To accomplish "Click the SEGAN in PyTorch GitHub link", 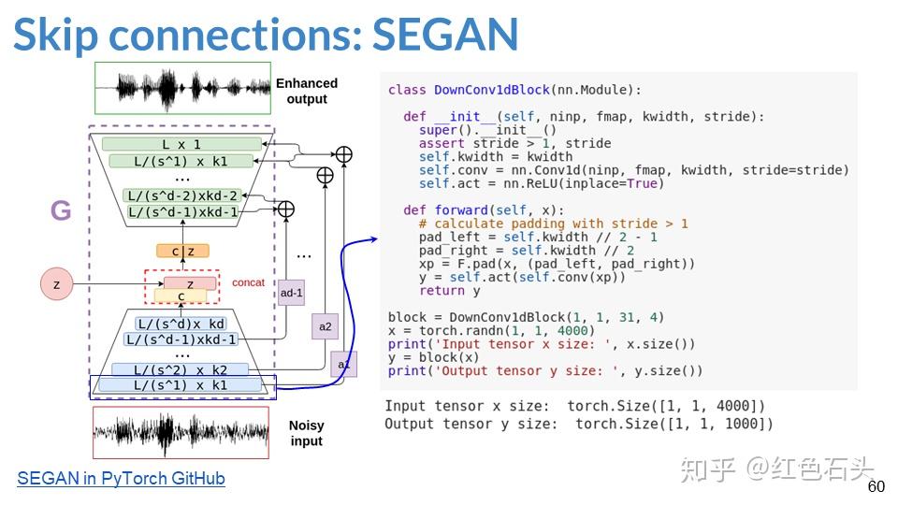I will [x=121, y=479].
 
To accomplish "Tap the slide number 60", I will [x=876, y=487].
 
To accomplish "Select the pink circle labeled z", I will [x=57, y=283].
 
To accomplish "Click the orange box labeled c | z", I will [x=182, y=251].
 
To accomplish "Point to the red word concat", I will [x=248, y=282].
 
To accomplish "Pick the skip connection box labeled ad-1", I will [x=292, y=293].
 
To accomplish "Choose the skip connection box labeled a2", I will [x=325, y=326].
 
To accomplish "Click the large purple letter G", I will [x=60, y=211].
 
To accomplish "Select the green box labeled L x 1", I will [x=181, y=144].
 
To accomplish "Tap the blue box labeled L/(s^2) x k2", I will [x=181, y=370].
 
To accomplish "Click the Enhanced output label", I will [x=307, y=91].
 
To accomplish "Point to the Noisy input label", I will [x=306, y=433].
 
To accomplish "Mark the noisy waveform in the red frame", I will [x=181, y=432].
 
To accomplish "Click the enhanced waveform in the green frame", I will [x=181, y=90].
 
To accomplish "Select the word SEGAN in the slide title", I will [x=445, y=34].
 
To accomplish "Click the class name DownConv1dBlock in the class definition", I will [x=491, y=90].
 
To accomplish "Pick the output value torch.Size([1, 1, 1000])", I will [x=673, y=424].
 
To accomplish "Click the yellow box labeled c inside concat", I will [x=181, y=296].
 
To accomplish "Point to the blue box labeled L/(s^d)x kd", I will [x=181, y=324].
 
